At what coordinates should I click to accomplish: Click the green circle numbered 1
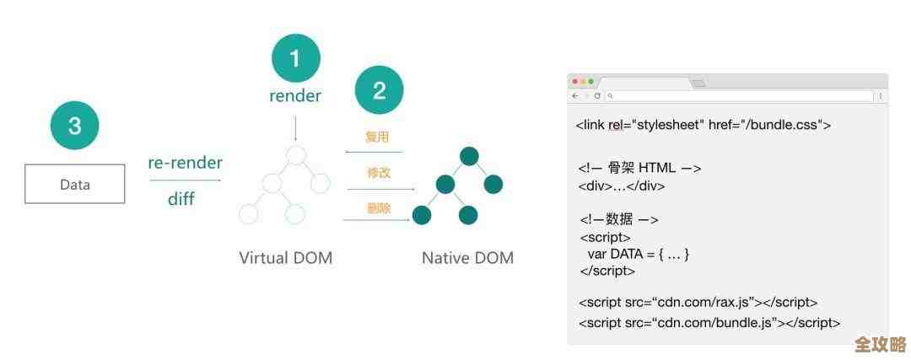tap(295, 58)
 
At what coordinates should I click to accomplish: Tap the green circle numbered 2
tap(379, 90)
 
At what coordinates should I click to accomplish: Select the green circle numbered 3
tap(74, 126)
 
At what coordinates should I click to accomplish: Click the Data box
tap(74, 185)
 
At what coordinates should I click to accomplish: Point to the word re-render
tap(185, 163)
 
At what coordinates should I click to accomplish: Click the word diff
tap(181, 200)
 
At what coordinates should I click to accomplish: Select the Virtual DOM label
tap(286, 258)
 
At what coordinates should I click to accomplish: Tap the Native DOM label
tap(467, 258)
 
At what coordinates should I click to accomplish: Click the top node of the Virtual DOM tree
tap(295, 155)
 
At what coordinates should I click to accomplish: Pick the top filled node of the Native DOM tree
tap(469, 156)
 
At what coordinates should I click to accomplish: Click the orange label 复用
tap(377, 137)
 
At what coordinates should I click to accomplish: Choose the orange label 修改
tap(379, 172)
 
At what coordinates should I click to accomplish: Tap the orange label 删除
tap(379, 208)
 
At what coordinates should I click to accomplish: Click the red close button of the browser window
tap(574, 81)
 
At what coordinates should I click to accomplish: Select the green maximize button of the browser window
tap(591, 81)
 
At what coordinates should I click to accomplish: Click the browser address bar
tap(738, 96)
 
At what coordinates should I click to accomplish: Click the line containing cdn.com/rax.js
tap(698, 302)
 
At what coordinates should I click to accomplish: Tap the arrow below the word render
tap(295, 129)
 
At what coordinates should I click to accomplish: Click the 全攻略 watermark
tap(880, 344)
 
